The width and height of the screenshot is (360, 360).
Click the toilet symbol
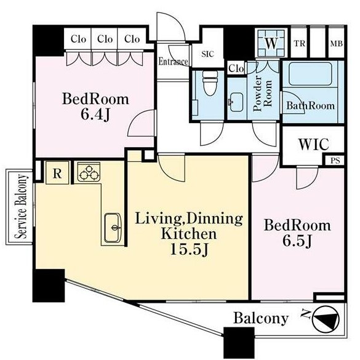210,83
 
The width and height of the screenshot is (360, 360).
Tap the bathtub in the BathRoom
310,74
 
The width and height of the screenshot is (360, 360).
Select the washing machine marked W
271,43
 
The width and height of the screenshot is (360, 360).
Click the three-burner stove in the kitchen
89,172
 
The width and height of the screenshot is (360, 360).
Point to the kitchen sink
113,228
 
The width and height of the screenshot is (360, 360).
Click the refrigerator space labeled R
57,173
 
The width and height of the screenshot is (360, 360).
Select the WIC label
314,144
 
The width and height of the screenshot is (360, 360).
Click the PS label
335,161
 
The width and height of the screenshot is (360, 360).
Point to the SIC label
208,54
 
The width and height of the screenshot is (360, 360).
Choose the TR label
300,44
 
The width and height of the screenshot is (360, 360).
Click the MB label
337,44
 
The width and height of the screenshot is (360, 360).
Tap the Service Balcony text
21,206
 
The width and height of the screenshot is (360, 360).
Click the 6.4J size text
95,114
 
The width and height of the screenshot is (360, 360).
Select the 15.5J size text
189,249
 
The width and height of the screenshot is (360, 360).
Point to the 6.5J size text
297,241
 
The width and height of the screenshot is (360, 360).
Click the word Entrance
174,62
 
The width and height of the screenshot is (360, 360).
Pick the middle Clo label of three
105,39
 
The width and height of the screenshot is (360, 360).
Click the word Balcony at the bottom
261,319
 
